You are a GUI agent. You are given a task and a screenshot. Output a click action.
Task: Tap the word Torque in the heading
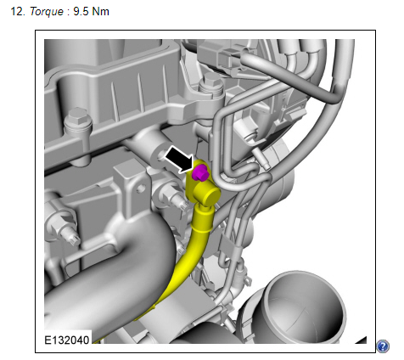47,11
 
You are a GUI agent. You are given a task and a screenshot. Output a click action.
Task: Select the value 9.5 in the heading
81,11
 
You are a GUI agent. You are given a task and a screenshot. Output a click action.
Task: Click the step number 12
19,11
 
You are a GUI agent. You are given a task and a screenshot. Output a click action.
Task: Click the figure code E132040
67,340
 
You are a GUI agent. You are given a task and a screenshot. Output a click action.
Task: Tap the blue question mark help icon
383,346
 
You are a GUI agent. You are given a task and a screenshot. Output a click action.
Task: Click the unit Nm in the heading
101,11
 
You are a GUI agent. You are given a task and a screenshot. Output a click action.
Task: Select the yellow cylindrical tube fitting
209,195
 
